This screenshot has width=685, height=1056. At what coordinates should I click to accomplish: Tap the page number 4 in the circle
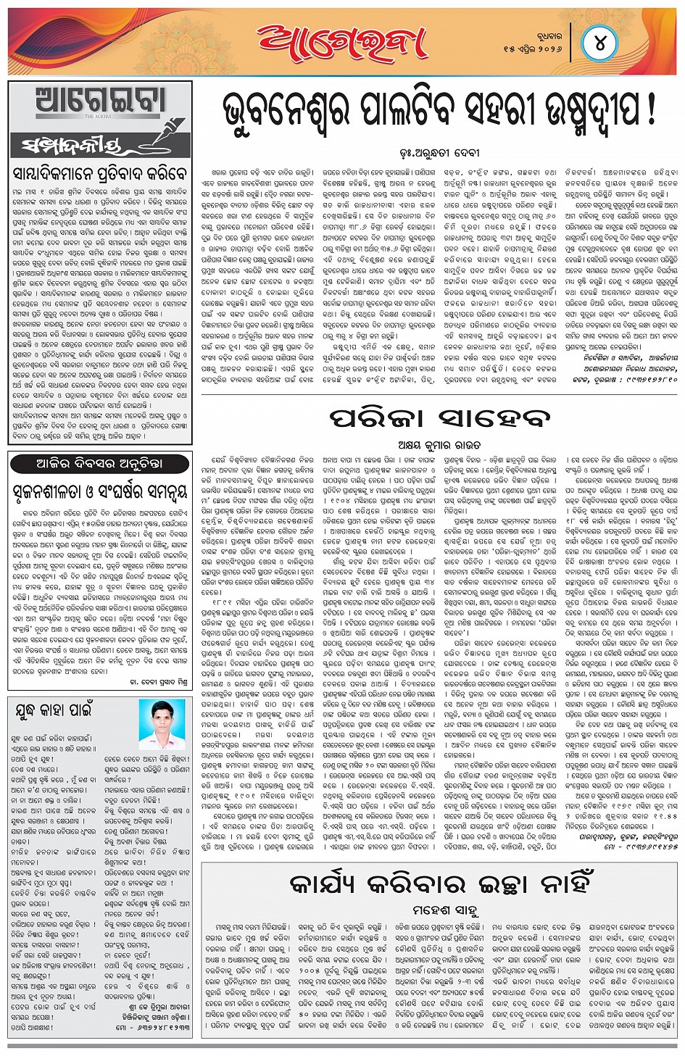click(600, 42)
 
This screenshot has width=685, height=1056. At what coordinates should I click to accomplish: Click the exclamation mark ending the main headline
click(650, 109)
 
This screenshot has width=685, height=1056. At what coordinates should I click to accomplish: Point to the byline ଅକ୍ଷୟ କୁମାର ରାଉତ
click(439, 444)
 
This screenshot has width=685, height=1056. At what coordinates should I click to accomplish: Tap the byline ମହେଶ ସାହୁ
click(439, 910)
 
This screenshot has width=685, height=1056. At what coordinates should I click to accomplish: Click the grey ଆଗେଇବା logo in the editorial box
click(101, 102)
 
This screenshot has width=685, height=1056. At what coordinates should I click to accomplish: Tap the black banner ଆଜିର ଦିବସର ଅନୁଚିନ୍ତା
click(100, 463)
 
